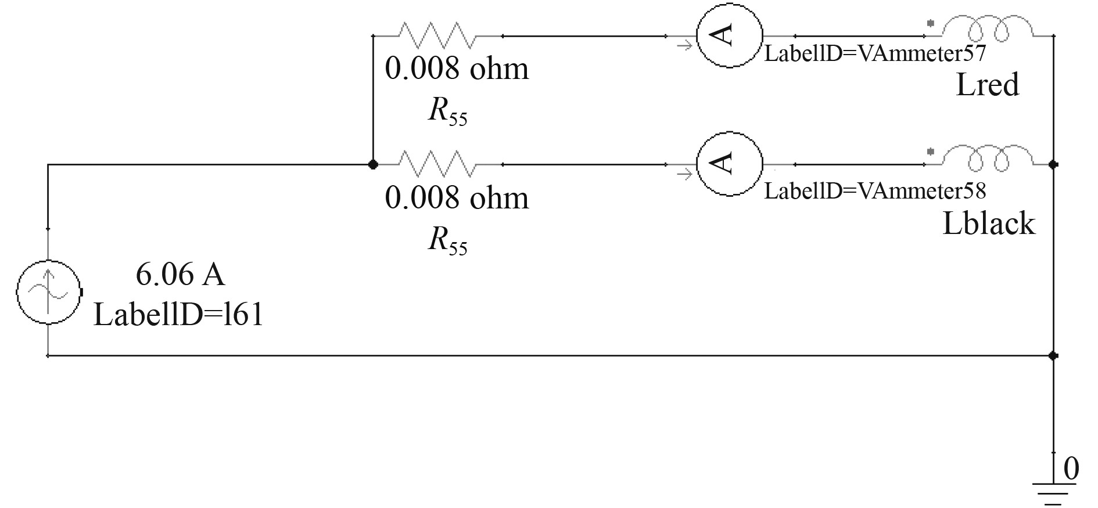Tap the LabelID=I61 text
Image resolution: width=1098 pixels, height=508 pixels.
[x=178, y=315]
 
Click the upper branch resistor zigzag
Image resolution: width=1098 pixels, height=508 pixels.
[x=437, y=36]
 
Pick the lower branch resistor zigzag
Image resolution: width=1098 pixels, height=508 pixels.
[x=437, y=164]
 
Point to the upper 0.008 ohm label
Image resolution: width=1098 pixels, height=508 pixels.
[x=457, y=69]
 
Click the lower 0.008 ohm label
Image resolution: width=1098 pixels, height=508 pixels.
[x=457, y=198]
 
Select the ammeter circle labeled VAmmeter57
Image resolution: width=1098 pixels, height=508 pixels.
[x=729, y=36]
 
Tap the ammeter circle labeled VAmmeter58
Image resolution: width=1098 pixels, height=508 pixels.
[x=729, y=164]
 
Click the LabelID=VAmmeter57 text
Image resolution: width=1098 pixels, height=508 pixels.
[x=874, y=54]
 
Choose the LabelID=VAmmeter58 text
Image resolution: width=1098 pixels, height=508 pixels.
[x=874, y=190]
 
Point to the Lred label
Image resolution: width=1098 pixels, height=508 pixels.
[x=987, y=85]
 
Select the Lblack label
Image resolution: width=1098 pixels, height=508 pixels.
[x=988, y=224]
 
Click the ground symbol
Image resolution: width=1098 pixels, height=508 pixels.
[x=1053, y=491]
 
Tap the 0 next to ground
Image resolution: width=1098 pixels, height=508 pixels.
[x=1071, y=468]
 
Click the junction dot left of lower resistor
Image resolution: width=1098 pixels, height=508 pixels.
[x=373, y=165]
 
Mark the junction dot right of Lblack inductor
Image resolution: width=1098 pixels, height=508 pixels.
[x=1053, y=165]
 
